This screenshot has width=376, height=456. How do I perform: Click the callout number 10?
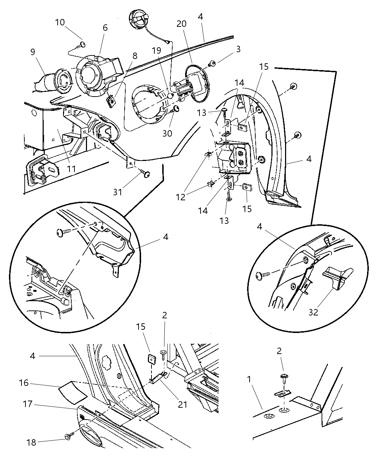[x=60, y=22]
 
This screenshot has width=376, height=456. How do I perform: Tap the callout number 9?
[x=33, y=52]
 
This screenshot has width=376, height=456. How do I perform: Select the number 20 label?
[x=182, y=24]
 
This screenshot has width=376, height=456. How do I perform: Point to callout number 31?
[x=118, y=192]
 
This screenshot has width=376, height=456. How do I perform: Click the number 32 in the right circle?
[x=313, y=312]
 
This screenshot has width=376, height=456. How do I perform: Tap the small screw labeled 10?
[x=82, y=45]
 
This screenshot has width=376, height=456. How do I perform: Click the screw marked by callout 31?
[x=146, y=174]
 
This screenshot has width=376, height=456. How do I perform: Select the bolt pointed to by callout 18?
[x=68, y=436]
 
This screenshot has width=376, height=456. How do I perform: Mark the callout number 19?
[x=156, y=50]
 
